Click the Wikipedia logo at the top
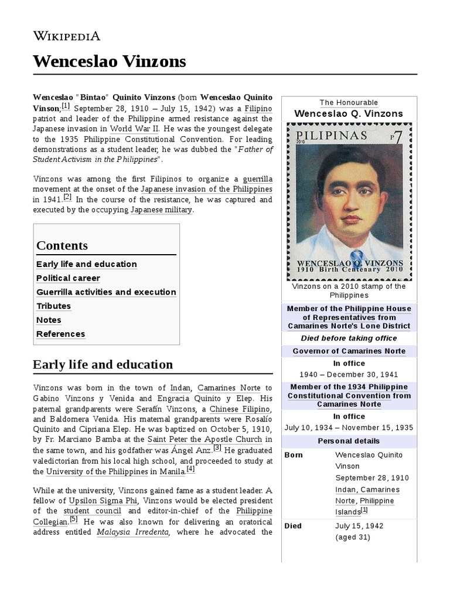[x=67, y=36]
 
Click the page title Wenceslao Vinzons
[x=110, y=61]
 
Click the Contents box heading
[x=62, y=245]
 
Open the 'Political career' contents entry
[x=68, y=278]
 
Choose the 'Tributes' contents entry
[x=53, y=306]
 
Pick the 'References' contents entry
[x=60, y=334]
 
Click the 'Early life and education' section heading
[x=103, y=364]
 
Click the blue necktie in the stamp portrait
[x=351, y=239]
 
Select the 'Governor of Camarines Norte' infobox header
[x=349, y=351]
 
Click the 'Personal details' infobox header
[x=349, y=441]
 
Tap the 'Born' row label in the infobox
[x=294, y=455]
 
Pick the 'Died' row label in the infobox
[x=293, y=525]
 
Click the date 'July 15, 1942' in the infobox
[x=360, y=525]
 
